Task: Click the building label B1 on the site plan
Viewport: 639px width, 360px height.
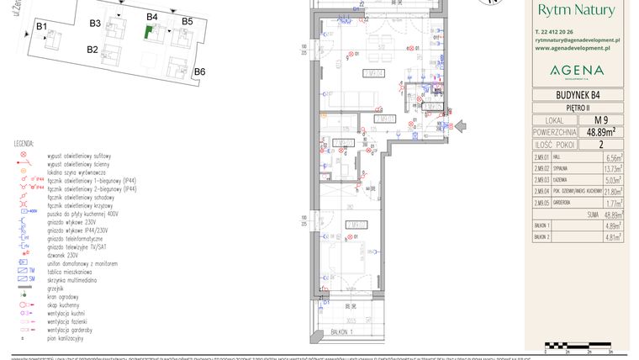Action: [x=41, y=27]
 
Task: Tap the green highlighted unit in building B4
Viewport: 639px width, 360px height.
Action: [x=148, y=33]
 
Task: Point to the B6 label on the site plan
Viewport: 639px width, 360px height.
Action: [x=199, y=71]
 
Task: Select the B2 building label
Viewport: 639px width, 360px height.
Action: [x=92, y=50]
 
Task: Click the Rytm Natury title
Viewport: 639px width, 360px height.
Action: [x=576, y=11]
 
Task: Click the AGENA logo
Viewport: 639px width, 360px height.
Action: [x=576, y=70]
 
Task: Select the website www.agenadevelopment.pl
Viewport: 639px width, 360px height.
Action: [x=577, y=48]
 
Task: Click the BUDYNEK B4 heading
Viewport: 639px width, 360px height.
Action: [x=577, y=95]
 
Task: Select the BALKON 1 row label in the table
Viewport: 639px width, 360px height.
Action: [x=543, y=226]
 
